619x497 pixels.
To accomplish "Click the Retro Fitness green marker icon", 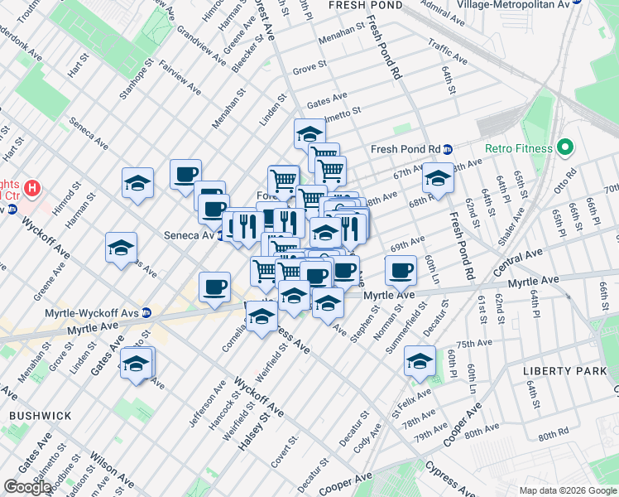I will point(566,149).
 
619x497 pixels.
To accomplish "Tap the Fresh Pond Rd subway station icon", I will point(448,150).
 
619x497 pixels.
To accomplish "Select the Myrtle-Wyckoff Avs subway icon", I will point(146,312).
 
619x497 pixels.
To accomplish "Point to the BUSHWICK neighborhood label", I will point(41,415).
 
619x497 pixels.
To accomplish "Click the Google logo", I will point(27,487).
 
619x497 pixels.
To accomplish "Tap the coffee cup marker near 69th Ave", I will point(401,271).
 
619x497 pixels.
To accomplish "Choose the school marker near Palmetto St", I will point(309,133).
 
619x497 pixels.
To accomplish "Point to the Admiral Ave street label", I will point(444,10).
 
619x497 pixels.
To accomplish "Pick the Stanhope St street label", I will point(137,79).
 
